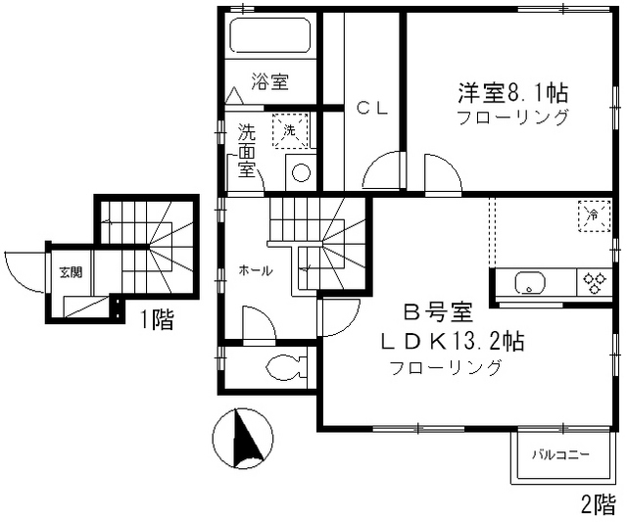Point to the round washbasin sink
coord(302,174)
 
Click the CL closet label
coord(371,109)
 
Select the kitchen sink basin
coord(530,285)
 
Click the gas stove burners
coord(594,283)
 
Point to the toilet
coord(285,369)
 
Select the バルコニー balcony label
coord(560,455)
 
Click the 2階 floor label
coord(599,505)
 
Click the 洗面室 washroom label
coord(247,150)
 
